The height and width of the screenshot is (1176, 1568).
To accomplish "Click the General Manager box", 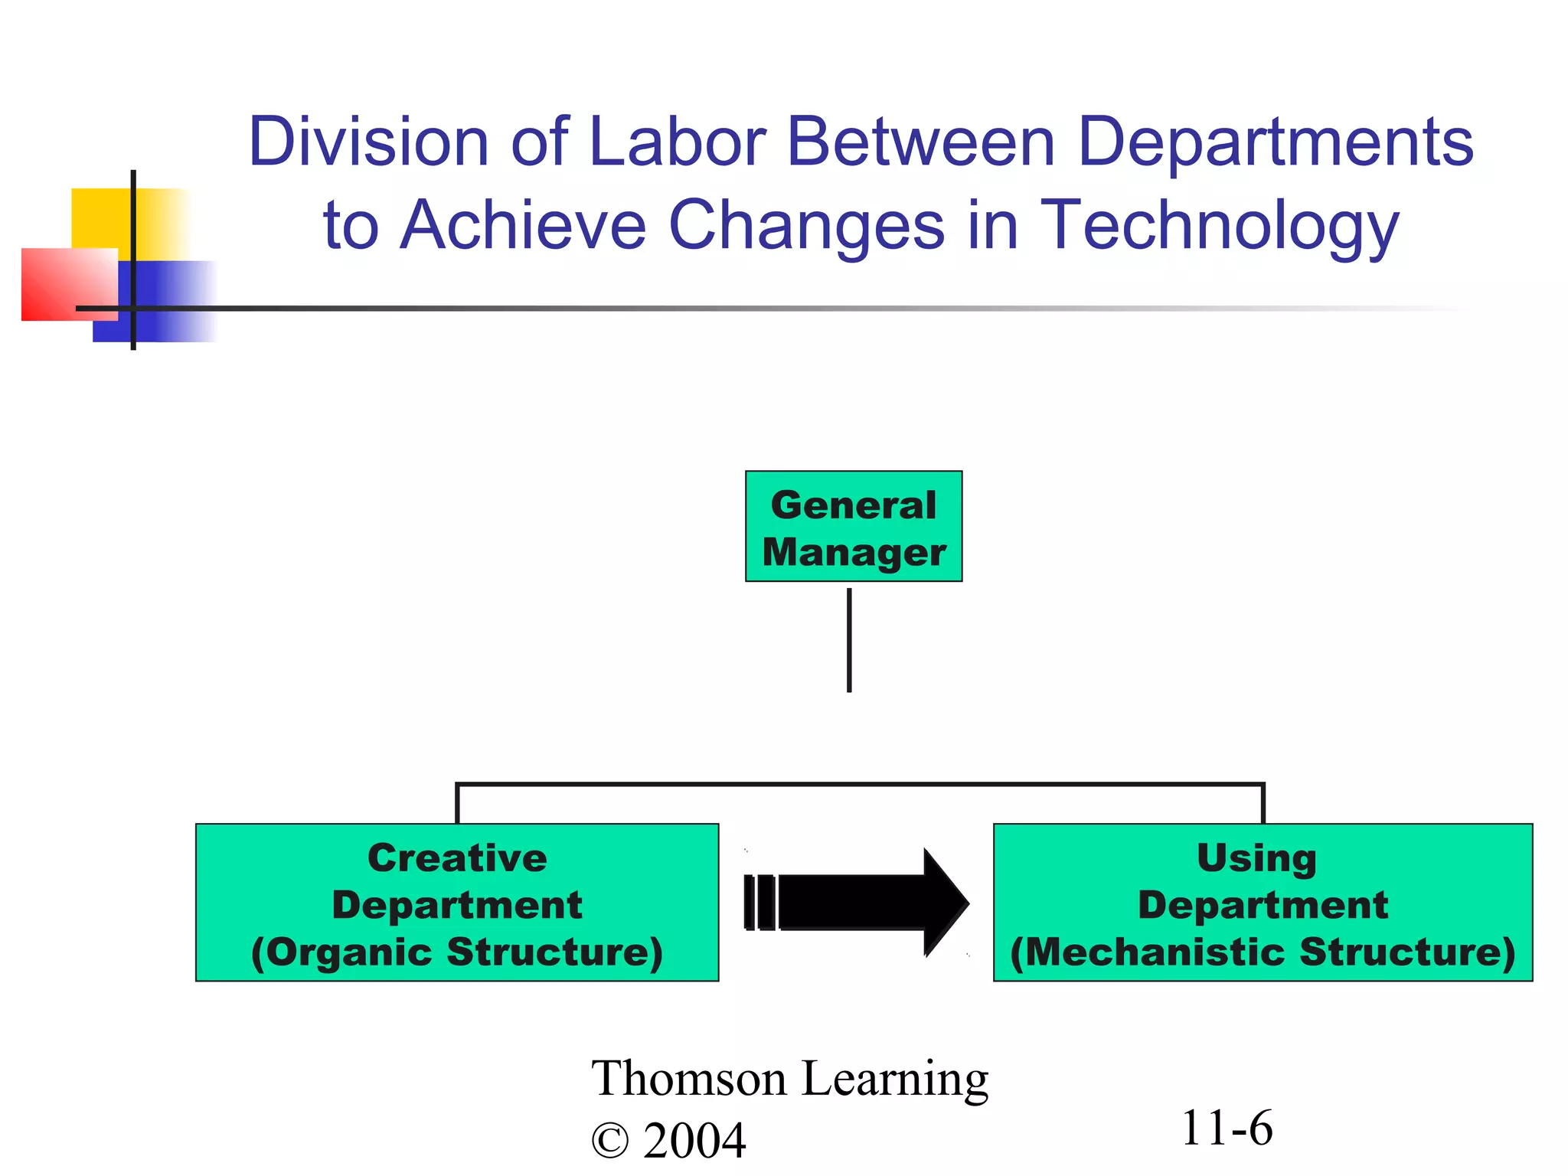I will click(854, 527).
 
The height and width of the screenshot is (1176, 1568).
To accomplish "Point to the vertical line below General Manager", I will click(849, 640).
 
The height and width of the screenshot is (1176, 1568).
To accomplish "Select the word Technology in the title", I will click(1220, 225).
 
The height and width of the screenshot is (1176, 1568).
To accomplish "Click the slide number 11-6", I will click(1227, 1128).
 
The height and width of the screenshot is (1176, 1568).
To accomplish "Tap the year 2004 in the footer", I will click(694, 1141).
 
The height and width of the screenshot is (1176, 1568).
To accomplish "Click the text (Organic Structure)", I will click(457, 952).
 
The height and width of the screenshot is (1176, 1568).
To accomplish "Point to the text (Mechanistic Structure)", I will click(1263, 952).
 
